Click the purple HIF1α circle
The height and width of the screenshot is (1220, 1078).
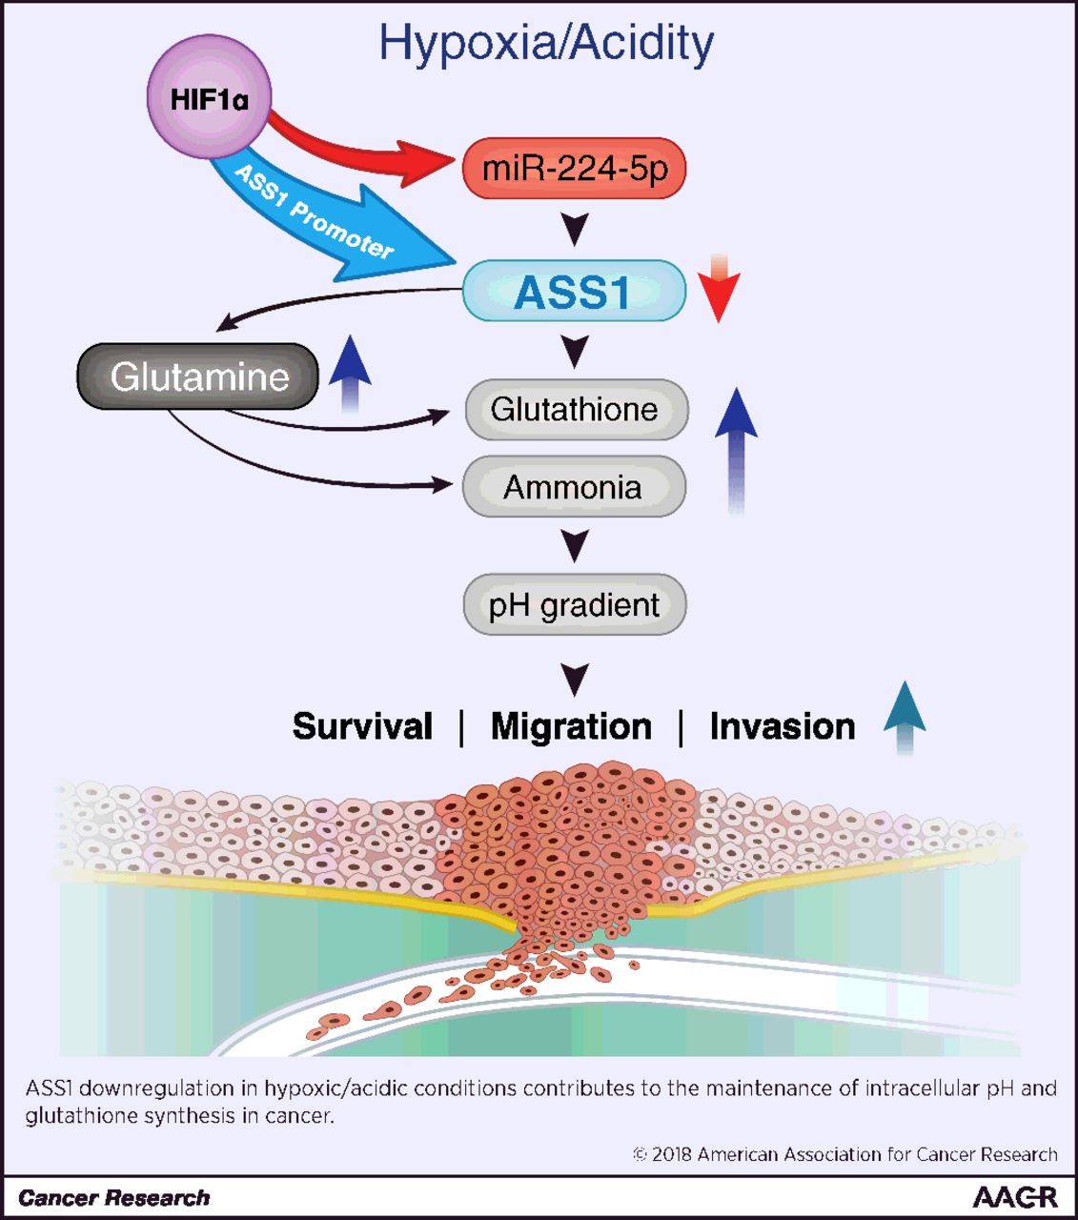click(209, 97)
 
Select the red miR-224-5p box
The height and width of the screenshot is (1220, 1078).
click(574, 168)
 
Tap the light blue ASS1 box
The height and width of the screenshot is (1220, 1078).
click(574, 291)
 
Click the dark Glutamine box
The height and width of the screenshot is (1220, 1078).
click(198, 376)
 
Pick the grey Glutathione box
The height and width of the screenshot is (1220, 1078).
click(575, 410)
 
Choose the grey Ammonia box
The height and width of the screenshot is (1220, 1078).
click(573, 487)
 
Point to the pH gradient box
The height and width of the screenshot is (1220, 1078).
click(574, 604)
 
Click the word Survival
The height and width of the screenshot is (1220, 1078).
click(362, 726)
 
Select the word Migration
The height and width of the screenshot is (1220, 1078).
click(571, 726)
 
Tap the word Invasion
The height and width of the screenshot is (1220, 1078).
click(782, 726)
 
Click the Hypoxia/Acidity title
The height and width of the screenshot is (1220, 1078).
click(545, 43)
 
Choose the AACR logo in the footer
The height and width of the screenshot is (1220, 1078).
click(1014, 1197)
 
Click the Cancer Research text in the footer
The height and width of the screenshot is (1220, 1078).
click(113, 1198)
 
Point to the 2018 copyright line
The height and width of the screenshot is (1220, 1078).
click(844, 1154)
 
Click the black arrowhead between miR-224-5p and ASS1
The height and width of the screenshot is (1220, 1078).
click(575, 229)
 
